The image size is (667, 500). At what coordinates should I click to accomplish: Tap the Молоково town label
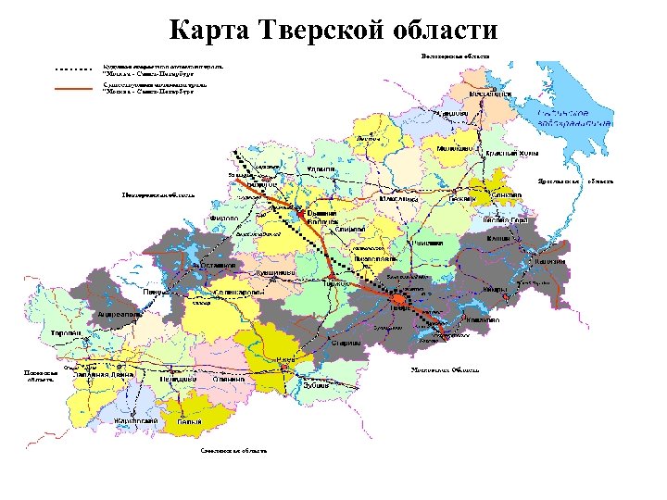(454, 148)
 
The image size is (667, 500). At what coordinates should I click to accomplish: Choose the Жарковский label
(135, 421)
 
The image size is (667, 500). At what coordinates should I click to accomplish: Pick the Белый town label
(190, 422)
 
